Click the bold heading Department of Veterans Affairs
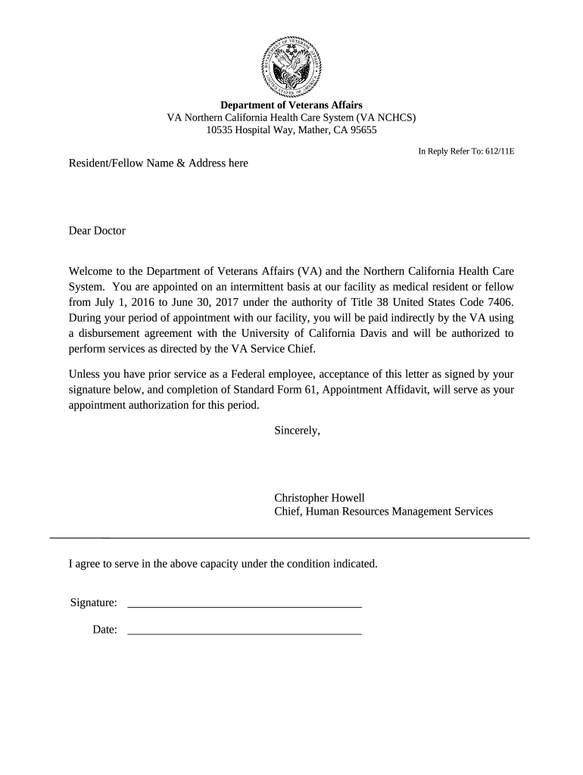291,105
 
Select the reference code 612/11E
499,151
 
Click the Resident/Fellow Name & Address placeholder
158,163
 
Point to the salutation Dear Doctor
97,231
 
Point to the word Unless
85,375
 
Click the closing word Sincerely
297,431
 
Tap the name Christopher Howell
319,498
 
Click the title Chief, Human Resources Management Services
383,512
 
